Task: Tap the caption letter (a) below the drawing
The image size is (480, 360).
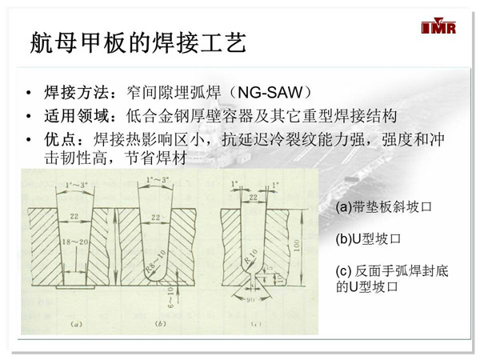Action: pyautogui.click(x=74, y=324)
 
